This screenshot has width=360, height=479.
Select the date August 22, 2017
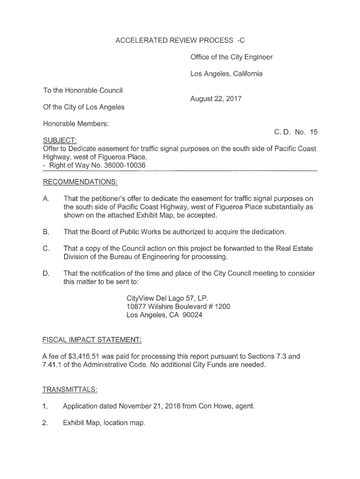tap(216, 99)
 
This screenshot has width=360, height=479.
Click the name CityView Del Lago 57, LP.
tap(167, 298)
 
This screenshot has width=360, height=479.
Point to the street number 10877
tap(137, 306)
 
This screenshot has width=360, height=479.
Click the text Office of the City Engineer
tap(231, 57)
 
